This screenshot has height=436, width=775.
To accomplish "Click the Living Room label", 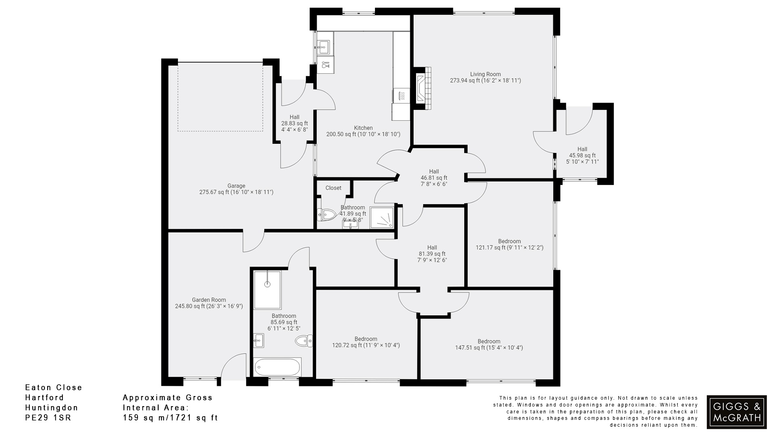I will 485,74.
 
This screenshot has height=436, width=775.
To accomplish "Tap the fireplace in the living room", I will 423,88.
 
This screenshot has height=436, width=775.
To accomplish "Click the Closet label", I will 333,188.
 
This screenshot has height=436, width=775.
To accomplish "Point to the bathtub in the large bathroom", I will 277,367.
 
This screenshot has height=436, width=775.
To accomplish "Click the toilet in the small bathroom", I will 327,214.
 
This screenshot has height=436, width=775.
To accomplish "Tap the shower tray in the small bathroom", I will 381,218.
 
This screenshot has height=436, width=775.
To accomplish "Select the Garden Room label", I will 209,300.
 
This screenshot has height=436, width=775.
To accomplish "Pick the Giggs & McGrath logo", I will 737,412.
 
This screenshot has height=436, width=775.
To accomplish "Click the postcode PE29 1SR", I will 48,418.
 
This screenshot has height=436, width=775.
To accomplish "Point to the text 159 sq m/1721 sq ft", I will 170,418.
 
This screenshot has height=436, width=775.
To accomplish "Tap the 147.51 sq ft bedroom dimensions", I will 489,348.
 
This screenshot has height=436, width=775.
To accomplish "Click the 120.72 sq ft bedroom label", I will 366,339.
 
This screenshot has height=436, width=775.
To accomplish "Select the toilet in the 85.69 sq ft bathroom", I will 304,341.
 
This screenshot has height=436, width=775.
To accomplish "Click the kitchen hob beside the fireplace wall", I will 401,96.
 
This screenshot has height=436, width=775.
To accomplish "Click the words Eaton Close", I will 54,388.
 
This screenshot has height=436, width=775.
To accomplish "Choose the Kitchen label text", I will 363,128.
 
